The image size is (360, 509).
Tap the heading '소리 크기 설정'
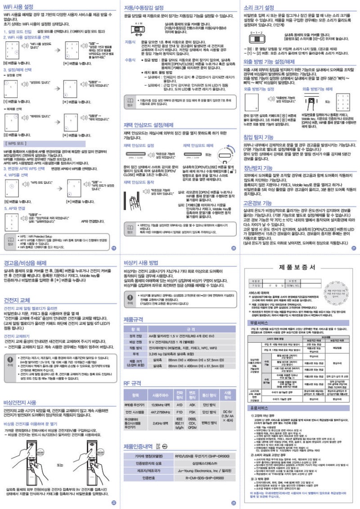258,8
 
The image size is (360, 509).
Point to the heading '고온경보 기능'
257,203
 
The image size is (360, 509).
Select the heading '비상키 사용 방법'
141,262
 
